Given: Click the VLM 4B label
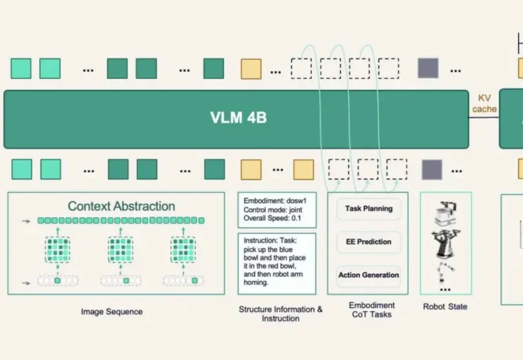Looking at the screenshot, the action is click(x=238, y=117).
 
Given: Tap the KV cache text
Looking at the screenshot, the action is click(x=484, y=104).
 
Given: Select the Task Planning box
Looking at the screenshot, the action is click(x=369, y=209).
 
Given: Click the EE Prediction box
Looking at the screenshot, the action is click(x=369, y=242).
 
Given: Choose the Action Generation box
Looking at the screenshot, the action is click(x=369, y=275).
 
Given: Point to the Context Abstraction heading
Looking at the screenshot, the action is click(x=122, y=206).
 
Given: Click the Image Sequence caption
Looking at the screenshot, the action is click(x=112, y=312).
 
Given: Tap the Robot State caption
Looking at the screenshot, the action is click(x=445, y=307).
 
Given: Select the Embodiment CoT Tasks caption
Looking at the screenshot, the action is click(x=371, y=310).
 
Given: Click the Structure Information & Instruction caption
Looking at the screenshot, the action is click(x=280, y=314).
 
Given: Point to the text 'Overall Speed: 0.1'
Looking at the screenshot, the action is click(x=272, y=218).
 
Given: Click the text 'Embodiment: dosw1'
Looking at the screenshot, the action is click(x=275, y=201).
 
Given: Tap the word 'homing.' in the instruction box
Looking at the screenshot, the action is click(x=256, y=283).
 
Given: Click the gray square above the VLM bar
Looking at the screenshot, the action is click(x=428, y=68).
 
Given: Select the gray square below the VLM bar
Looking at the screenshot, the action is click(x=432, y=169).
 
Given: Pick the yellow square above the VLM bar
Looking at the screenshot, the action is click(x=251, y=69).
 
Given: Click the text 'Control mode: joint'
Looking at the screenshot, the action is click(x=273, y=210).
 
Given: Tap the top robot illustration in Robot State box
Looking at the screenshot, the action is click(x=445, y=213).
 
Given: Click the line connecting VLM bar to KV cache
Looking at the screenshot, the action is click(x=484, y=117).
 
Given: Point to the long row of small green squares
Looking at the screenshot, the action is click(x=121, y=220).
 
